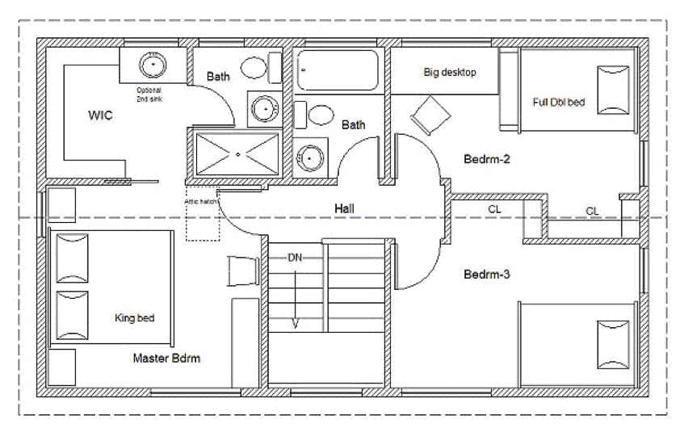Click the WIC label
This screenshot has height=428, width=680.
(x=100, y=115)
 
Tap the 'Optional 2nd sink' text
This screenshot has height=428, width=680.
(x=149, y=93)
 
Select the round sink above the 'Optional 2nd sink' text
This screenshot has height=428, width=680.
(x=151, y=64)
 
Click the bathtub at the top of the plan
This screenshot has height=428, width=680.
(x=337, y=71)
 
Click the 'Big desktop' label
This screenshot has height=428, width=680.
(x=450, y=73)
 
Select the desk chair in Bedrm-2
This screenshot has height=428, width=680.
(x=431, y=115)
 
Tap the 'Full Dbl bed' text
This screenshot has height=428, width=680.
(x=559, y=103)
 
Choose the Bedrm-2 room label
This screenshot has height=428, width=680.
(x=487, y=159)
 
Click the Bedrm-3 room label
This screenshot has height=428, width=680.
(x=487, y=275)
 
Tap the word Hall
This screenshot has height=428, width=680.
(x=346, y=209)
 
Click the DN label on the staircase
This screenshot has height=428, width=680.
(x=296, y=258)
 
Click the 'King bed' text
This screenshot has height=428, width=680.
(x=134, y=318)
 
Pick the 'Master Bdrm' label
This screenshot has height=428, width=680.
(x=166, y=358)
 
